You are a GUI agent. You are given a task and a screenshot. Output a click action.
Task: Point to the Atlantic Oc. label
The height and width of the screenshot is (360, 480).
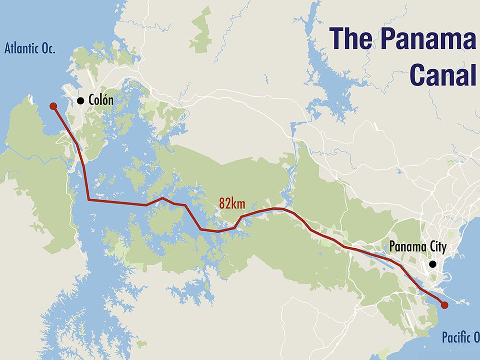pos(30,48)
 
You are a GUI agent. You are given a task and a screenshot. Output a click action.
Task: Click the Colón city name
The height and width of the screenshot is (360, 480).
pos(101,101)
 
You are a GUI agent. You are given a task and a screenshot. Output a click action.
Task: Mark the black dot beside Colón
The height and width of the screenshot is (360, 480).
pos(81,101)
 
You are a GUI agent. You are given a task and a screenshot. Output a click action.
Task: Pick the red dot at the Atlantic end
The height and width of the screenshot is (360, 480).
pos(53,106)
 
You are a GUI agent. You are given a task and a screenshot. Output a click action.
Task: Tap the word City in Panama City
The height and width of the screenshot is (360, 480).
pos(437,247)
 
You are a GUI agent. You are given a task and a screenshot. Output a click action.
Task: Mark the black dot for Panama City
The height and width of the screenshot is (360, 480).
pos(433,264)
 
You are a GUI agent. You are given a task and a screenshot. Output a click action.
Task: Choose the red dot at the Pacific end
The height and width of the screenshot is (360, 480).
pos(444,305)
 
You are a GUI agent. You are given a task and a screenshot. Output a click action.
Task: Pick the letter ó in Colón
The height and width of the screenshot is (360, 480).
pos(105,101)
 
